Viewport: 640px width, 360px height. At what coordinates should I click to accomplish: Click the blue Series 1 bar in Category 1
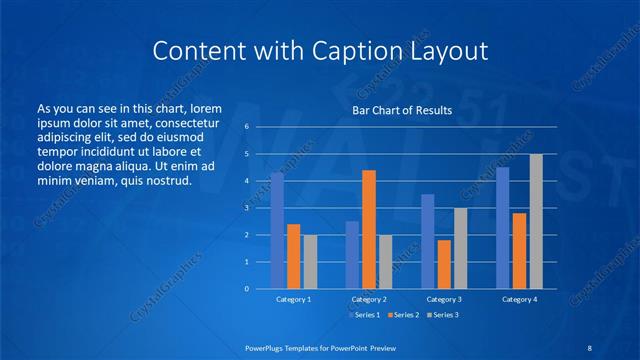click(277, 231)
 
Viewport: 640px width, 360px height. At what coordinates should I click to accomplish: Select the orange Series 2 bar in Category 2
click(369, 229)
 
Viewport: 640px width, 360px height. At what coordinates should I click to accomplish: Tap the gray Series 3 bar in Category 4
click(536, 221)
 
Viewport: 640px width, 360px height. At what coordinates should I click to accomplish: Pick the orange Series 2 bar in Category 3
click(444, 264)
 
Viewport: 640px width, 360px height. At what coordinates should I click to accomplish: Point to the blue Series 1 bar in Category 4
click(503, 228)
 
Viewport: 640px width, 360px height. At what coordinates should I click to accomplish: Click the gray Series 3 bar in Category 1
click(310, 262)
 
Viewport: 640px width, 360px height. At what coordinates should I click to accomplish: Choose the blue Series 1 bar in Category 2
click(352, 255)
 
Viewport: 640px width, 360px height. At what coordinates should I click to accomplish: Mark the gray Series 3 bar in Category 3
click(460, 248)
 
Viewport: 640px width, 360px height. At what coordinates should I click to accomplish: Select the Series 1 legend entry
click(363, 315)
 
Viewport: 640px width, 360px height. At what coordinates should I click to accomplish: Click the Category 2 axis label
click(369, 299)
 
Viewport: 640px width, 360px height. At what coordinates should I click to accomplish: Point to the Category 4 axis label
click(519, 299)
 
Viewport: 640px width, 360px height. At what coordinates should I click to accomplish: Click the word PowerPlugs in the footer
click(269, 347)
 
